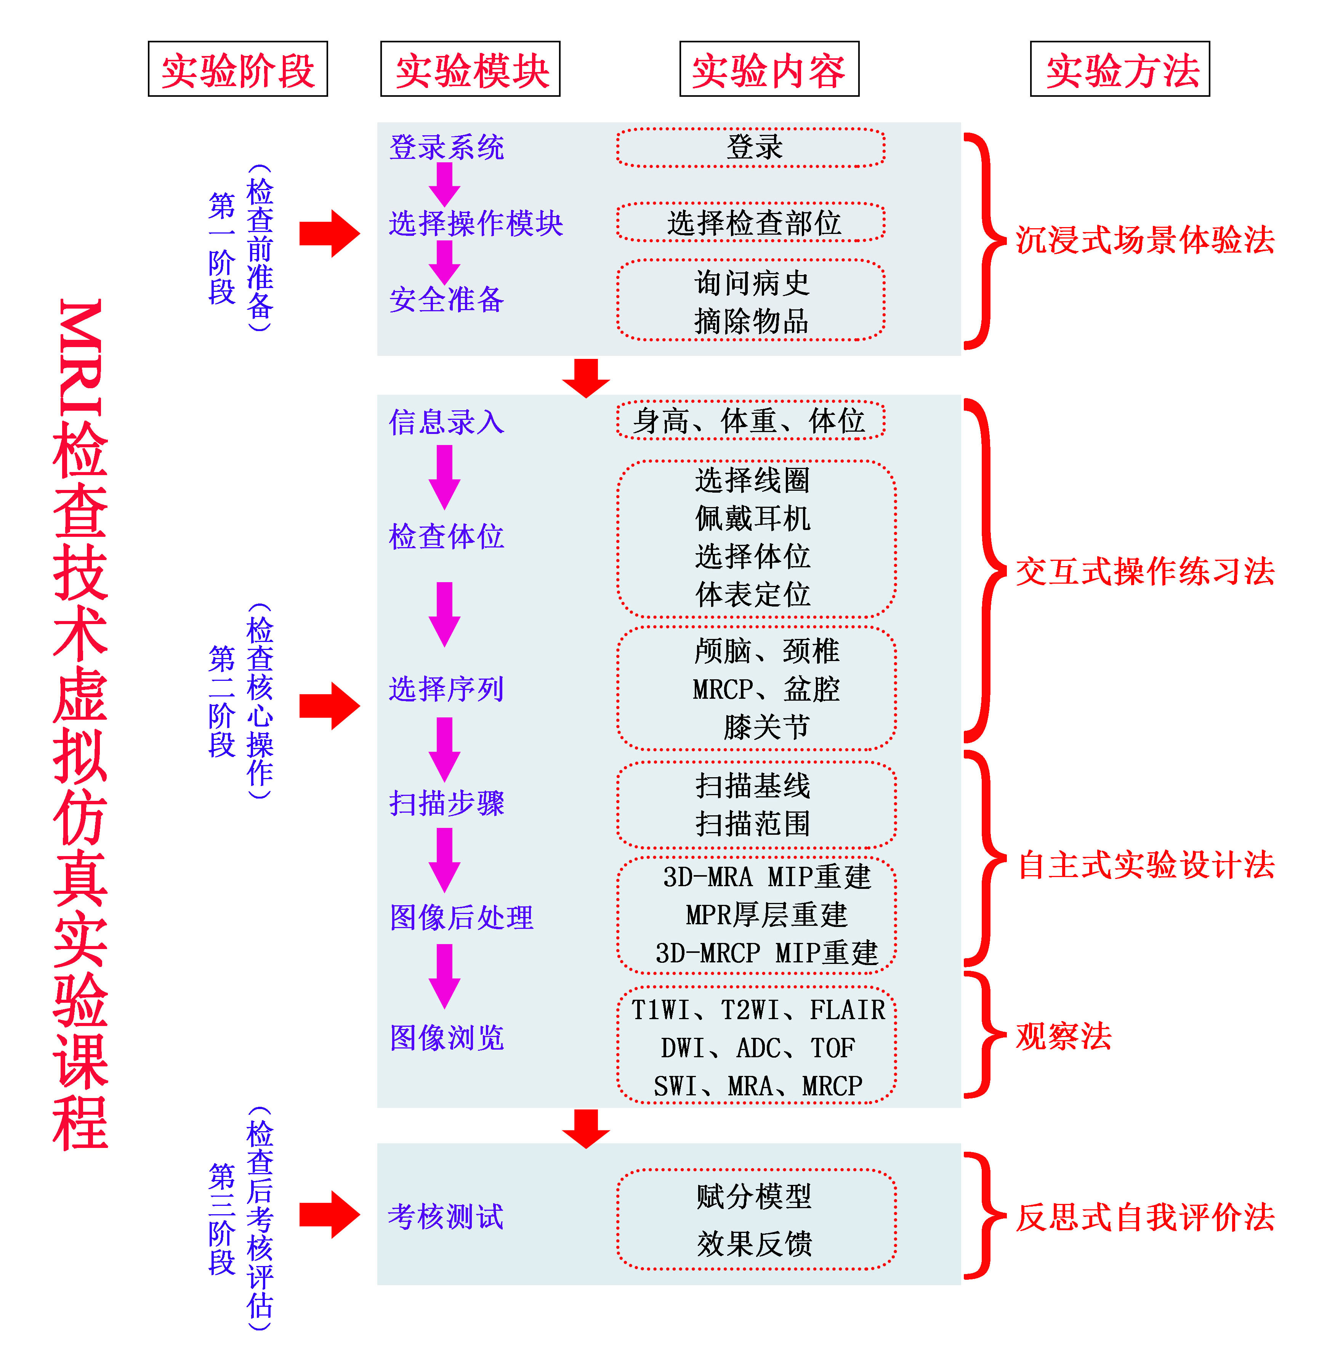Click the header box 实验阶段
point(237,69)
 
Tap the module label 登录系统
point(446,147)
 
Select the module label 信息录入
point(446,422)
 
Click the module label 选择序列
point(446,688)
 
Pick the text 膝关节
point(766,727)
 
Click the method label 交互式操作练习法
point(1144,571)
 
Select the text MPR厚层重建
point(766,915)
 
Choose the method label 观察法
point(1063,1036)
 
